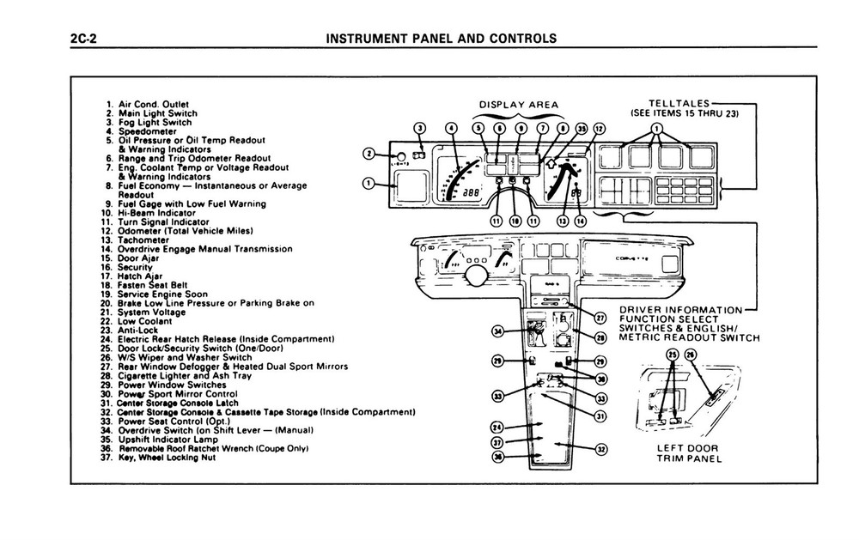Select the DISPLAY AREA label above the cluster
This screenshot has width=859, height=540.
519,106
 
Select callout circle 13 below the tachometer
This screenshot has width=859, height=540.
563,221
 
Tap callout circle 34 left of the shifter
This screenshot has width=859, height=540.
497,331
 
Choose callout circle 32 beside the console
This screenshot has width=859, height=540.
601,447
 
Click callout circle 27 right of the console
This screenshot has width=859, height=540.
600,319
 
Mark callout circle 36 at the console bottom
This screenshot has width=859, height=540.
497,458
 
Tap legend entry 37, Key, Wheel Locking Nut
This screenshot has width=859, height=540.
157,458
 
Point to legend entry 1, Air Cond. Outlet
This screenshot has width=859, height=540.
142,105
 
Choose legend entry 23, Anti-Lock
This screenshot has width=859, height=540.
129,331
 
